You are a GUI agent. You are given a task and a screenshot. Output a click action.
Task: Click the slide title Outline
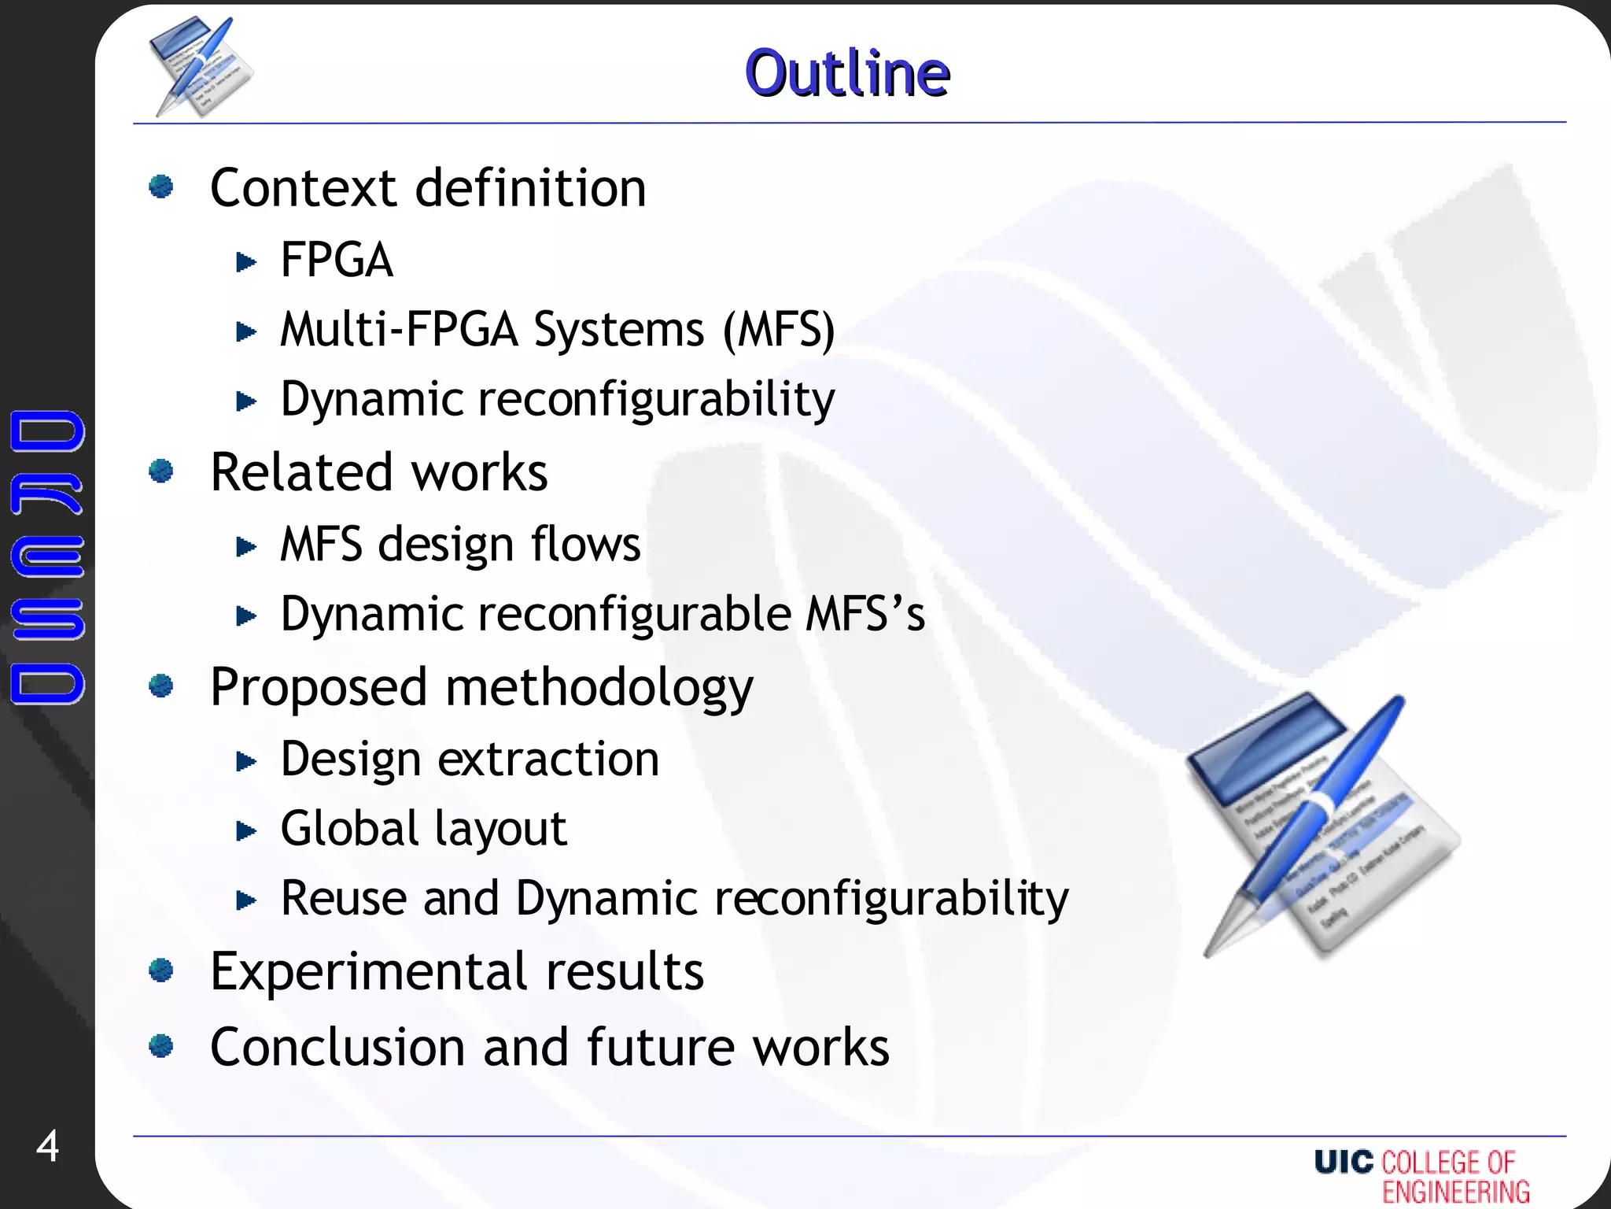(847, 73)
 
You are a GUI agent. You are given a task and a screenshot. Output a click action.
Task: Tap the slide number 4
(47, 1146)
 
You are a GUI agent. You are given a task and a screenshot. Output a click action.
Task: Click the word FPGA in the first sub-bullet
(337, 261)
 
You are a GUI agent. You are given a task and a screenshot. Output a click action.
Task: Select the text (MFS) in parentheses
(779, 329)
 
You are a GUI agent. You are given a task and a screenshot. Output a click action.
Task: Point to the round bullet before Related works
(161, 471)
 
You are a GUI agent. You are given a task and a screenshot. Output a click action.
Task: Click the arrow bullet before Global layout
(246, 830)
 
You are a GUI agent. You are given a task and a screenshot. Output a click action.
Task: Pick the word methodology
(599, 688)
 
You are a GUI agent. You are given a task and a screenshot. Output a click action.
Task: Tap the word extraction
(548, 760)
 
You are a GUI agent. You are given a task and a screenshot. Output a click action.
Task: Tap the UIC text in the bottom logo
(1344, 1162)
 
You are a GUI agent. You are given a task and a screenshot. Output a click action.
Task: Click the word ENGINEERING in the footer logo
(1456, 1192)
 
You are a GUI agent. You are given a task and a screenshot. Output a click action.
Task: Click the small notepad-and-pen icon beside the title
(201, 68)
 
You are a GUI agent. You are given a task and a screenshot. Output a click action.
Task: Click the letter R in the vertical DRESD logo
(47, 494)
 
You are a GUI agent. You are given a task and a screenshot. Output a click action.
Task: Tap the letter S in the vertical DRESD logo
(47, 619)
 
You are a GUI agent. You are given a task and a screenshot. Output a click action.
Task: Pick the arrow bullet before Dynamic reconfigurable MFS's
(246, 616)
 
